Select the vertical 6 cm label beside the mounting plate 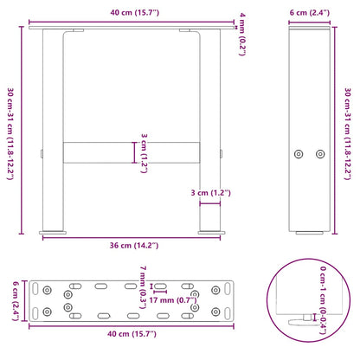click(x=11, y=299)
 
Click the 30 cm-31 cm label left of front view click(x=11, y=129)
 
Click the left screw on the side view click(x=299, y=153)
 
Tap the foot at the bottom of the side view click(x=308, y=232)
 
